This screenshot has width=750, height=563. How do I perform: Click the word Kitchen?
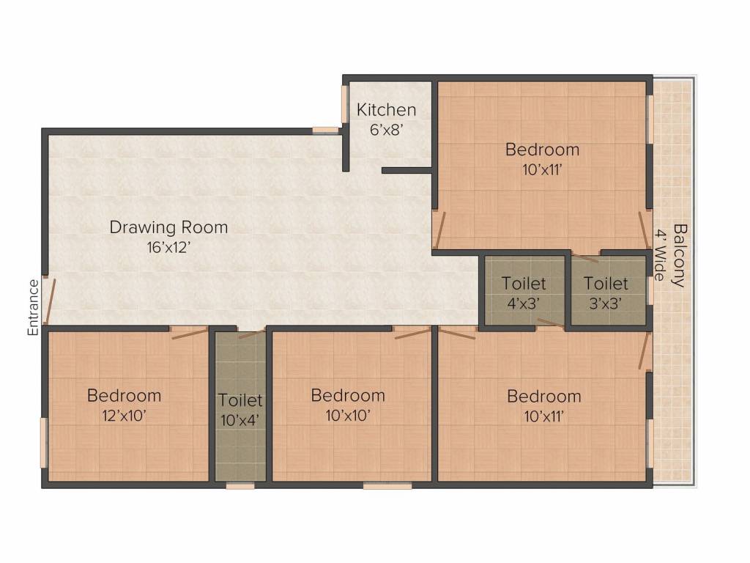386,110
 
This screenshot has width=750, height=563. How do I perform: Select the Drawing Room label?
168,227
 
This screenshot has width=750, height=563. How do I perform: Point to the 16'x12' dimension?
168,247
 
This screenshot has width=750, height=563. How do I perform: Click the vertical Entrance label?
33,307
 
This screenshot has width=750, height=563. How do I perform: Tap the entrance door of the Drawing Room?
48,301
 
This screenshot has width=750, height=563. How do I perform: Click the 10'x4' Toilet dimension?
240,421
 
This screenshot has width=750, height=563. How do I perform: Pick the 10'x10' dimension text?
348,416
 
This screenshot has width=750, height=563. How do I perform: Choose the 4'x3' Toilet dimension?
523,303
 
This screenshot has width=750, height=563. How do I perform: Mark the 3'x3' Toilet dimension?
606,303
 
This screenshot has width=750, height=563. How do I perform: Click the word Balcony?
679,255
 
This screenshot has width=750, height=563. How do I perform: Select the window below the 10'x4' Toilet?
240,485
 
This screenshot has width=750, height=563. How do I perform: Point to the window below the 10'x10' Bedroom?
387,485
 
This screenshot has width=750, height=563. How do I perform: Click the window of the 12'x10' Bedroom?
44,442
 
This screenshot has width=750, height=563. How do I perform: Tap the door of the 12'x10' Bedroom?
189,333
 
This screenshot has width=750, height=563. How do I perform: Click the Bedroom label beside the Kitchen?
542,150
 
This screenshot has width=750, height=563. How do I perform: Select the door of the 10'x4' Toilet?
251,334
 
